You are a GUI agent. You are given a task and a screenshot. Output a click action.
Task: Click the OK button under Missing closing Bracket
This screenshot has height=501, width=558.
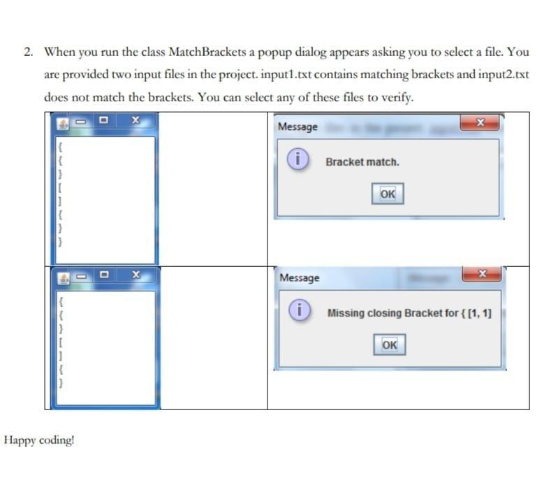click(390, 344)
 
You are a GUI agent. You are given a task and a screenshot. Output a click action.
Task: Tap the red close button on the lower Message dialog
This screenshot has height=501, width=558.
click(481, 277)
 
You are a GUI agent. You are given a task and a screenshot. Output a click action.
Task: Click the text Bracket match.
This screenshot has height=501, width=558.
click(362, 162)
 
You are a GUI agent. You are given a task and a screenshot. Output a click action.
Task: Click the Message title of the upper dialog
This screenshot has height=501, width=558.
click(298, 126)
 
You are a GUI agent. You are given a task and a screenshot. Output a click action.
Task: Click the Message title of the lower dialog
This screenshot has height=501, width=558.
click(300, 278)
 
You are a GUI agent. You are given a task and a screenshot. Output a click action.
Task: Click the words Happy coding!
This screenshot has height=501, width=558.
click(40, 440)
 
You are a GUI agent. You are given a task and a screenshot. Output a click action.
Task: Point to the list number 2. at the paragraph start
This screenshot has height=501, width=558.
click(28, 52)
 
